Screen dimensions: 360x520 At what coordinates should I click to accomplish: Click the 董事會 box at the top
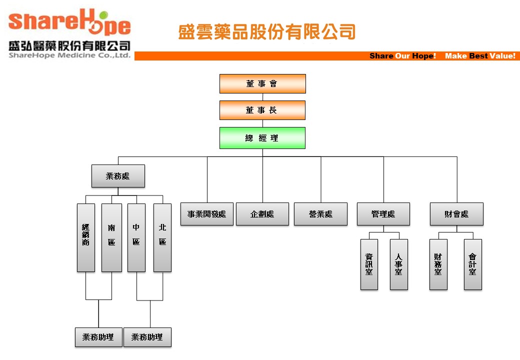pyautogui.click(x=262, y=83)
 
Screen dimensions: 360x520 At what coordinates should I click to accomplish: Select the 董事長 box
pyautogui.click(x=262, y=110)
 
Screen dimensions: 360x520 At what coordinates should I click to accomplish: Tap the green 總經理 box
pyautogui.click(x=262, y=138)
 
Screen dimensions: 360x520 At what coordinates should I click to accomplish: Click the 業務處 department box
pyautogui.click(x=118, y=176)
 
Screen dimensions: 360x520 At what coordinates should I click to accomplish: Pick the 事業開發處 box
pyautogui.click(x=206, y=214)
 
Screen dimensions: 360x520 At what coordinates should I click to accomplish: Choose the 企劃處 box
pyautogui.click(x=262, y=214)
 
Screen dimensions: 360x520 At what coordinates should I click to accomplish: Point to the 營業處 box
pyautogui.click(x=320, y=214)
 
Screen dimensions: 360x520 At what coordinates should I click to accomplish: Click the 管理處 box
pyautogui.click(x=383, y=214)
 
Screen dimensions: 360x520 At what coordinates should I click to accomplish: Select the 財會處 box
pyautogui.click(x=456, y=214)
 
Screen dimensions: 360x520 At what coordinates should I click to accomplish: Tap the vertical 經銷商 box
pyautogui.click(x=86, y=237)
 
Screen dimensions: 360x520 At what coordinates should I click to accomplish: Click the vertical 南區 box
pyautogui.click(x=111, y=237)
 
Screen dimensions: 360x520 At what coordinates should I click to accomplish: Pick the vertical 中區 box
pyautogui.click(x=136, y=237)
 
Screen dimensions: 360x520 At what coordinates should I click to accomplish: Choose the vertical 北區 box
pyautogui.click(x=162, y=237)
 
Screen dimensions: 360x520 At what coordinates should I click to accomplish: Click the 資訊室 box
pyautogui.click(x=369, y=264)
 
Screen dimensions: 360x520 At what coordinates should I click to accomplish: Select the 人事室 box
pyautogui.click(x=399, y=264)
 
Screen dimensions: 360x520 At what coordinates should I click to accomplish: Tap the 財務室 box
pyautogui.click(x=438, y=264)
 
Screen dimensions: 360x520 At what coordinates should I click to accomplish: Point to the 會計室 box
pyautogui.click(x=473, y=264)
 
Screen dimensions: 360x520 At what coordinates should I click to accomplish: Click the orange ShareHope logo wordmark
pyautogui.click(x=69, y=23)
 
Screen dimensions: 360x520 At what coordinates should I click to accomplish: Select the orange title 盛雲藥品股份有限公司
pyautogui.click(x=267, y=32)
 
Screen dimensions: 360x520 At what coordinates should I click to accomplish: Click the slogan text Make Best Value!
pyautogui.click(x=480, y=56)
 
